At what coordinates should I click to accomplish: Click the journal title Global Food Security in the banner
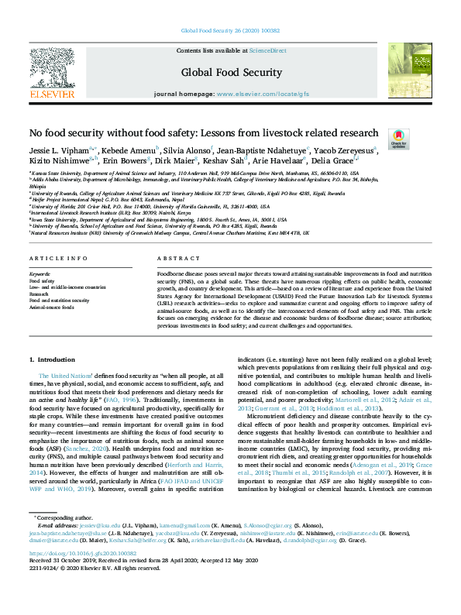[x=231, y=72]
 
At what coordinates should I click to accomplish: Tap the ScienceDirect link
[x=267, y=50]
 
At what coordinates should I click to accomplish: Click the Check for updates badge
[x=398, y=138]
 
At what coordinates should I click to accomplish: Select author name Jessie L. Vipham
[x=57, y=149]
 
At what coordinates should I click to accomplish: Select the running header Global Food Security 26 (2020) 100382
[x=230, y=33]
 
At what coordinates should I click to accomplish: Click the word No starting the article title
[x=36, y=132]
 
